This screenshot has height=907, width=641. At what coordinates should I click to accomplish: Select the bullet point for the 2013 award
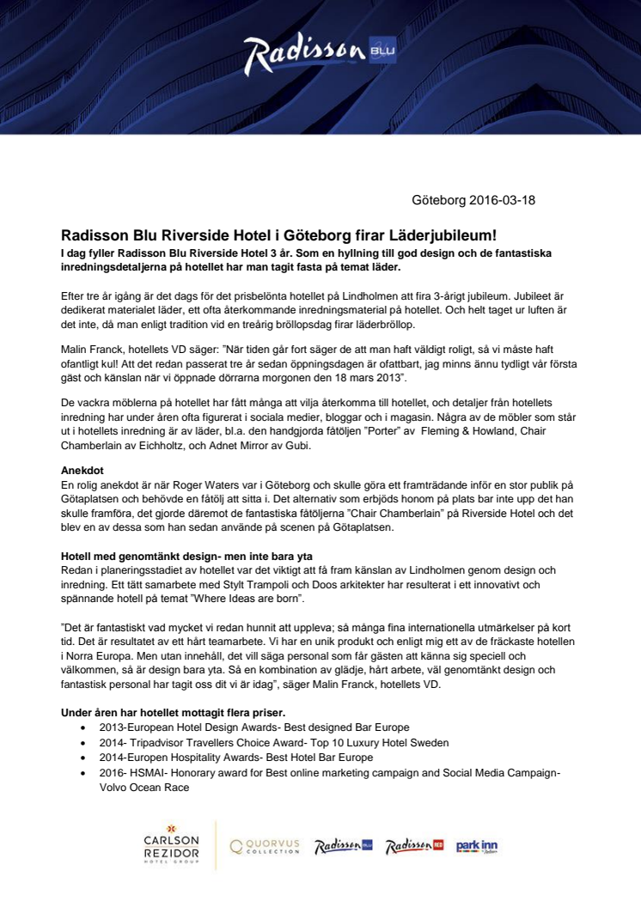coord(81,727)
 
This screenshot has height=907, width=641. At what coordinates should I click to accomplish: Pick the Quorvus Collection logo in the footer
coord(265,846)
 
